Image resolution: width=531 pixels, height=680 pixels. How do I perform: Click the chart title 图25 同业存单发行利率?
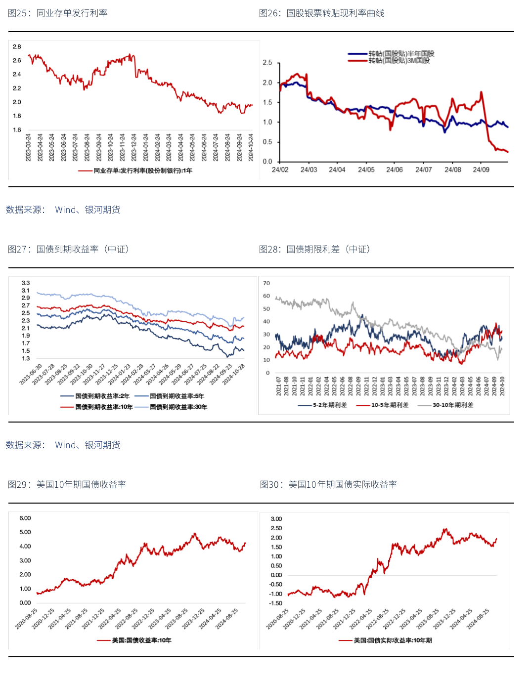point(57,13)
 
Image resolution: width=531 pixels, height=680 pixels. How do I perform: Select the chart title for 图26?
point(321,13)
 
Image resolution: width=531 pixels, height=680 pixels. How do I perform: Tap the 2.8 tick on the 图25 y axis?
point(17,46)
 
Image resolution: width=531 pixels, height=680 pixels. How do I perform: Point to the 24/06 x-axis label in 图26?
point(395,170)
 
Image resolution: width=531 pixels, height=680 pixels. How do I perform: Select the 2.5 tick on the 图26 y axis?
point(267,63)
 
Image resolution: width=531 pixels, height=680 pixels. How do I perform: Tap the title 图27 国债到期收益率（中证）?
point(68,249)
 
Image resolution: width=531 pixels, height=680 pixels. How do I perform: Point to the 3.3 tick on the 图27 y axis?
point(26,283)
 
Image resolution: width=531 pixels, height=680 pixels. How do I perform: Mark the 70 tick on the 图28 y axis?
point(266,283)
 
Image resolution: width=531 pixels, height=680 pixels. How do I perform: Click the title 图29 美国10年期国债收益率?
point(67,484)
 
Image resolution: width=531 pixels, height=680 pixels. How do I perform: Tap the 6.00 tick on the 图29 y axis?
point(25,518)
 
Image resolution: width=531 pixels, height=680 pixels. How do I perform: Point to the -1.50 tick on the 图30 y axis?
point(276,603)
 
